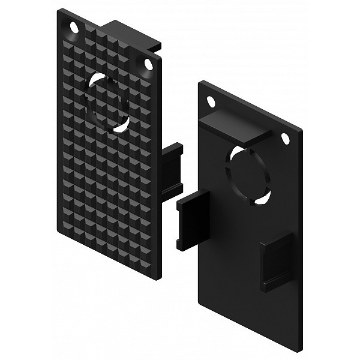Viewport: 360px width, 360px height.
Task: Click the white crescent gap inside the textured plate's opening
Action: (x=122, y=125)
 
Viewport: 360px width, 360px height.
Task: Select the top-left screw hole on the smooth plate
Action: (x=210, y=101)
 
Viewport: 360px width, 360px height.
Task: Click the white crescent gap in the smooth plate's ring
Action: (x=262, y=199)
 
